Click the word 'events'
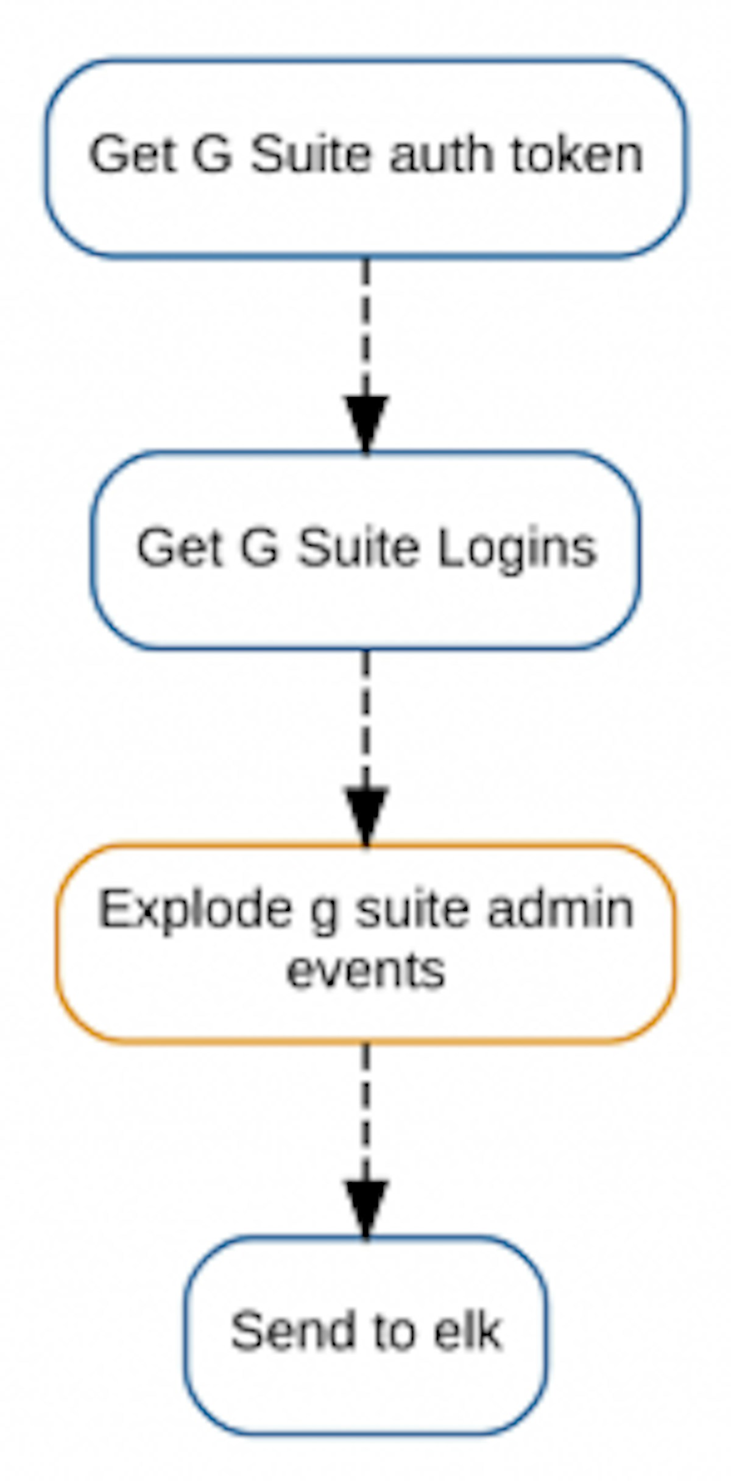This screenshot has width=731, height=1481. point(365,971)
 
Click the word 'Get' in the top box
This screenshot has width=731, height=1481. point(132,155)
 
